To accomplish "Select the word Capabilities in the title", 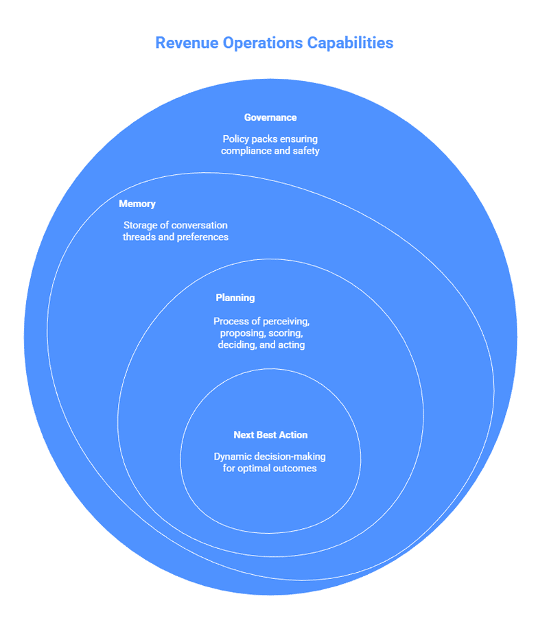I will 352,43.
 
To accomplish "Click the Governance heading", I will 270,117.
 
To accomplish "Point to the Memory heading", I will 137,204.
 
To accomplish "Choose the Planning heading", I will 235,298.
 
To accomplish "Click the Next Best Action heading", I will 270,435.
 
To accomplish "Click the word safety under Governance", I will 306,150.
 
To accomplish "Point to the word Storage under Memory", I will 141,225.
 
